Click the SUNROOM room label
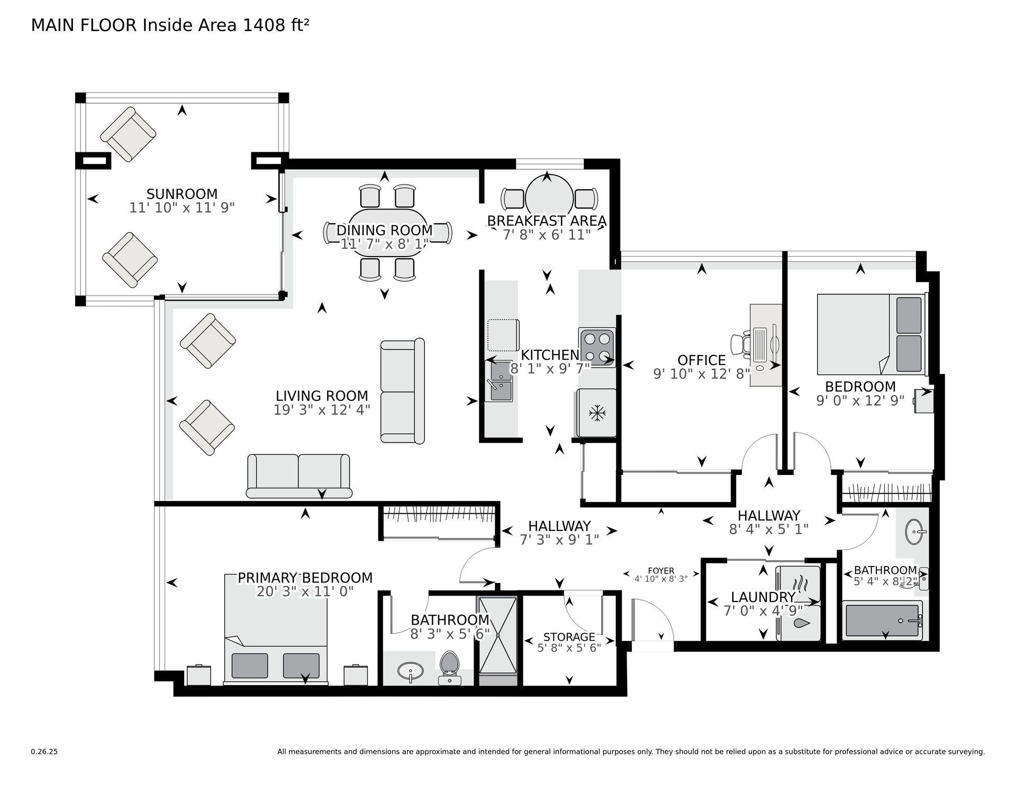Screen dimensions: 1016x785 [182, 194]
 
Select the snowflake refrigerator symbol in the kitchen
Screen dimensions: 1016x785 [597, 413]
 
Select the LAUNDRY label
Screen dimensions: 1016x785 [763, 597]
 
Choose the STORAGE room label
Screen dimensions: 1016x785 [569, 637]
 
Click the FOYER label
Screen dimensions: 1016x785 [661, 571]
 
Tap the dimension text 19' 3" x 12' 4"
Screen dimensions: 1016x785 [322, 409]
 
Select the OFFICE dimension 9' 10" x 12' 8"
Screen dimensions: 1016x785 [702, 374]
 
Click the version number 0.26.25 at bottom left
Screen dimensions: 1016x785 [44, 752]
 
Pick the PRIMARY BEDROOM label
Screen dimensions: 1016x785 [305, 578]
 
